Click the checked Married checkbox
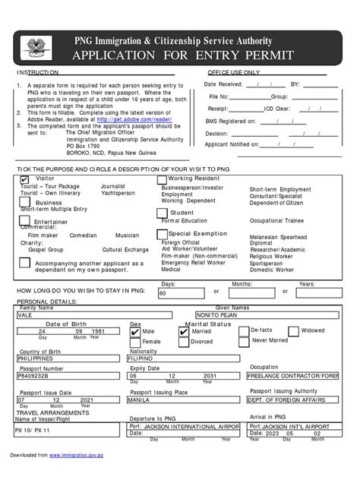point(187,331)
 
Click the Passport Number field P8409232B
point(65,375)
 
